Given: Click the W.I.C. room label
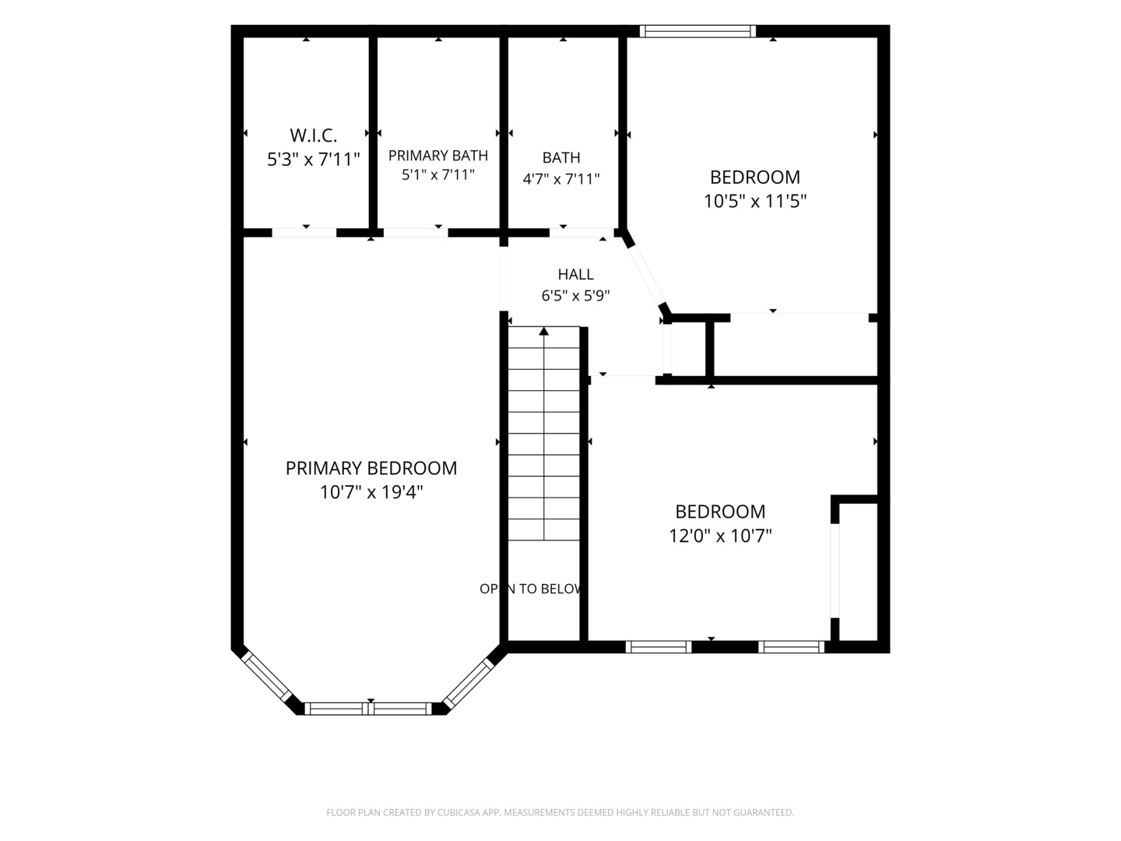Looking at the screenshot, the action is coord(314,135).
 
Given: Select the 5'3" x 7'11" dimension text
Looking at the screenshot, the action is coord(314,160).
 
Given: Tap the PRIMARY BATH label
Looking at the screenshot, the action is coord(438,155).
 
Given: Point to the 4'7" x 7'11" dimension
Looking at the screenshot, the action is coord(560,179).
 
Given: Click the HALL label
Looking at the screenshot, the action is coord(575,274).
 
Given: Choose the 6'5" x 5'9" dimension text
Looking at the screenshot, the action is coord(575,295).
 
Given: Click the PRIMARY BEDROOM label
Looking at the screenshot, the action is coord(371,468).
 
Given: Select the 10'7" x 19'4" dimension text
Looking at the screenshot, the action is coord(371,492).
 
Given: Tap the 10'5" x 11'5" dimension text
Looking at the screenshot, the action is coord(755,201).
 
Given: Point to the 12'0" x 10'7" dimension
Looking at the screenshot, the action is coord(720,536).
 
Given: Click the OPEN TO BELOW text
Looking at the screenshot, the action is coord(531,589).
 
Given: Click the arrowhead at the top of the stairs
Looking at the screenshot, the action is coord(544,332).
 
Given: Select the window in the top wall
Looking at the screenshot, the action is coord(698,31).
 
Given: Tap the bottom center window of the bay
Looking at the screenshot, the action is coord(368,709).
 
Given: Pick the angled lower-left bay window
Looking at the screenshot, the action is coord(265,677).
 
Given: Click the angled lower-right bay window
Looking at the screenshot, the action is coord(468,683).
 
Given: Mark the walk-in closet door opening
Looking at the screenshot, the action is coord(304,233).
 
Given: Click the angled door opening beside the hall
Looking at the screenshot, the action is coord(646,276).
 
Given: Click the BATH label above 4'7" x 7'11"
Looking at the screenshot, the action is coord(560,157).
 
